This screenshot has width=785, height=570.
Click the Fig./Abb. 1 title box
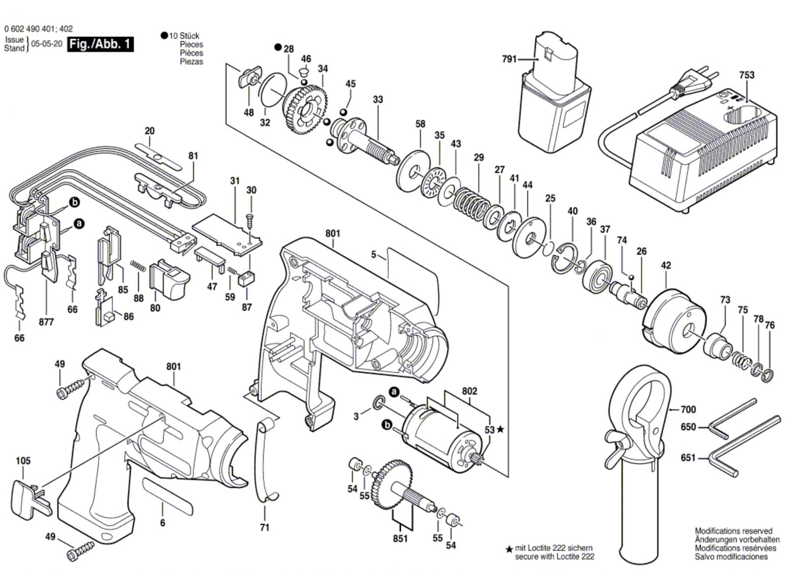tap(100, 44)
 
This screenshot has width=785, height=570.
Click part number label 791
tap(509, 59)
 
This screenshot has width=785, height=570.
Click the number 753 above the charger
tap(746, 75)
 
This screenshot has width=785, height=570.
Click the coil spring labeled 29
tap(471, 201)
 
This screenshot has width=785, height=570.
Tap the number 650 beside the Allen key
tap(688, 427)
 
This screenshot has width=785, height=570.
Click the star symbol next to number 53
tap(500, 430)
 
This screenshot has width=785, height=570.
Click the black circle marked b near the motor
tap(387, 425)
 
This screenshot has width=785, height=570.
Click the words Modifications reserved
tap(733, 531)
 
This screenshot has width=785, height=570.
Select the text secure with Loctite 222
tap(554, 556)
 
